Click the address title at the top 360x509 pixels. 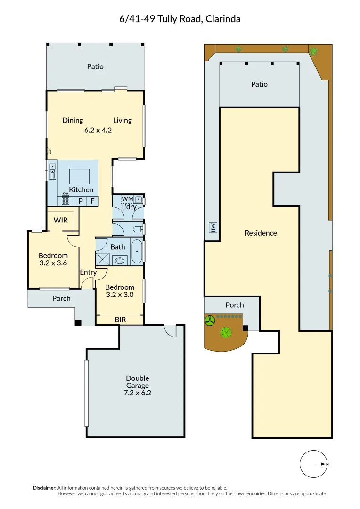(x=180, y=19)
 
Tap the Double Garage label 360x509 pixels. (x=138, y=382)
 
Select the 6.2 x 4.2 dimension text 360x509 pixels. (x=98, y=131)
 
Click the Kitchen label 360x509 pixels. (x=82, y=189)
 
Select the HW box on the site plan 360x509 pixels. (x=213, y=228)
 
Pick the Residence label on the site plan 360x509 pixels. (x=261, y=233)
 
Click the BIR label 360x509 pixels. (x=120, y=320)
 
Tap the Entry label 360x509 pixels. (x=88, y=272)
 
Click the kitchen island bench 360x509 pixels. (x=80, y=176)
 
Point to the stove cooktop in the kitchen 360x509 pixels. (x=65, y=201)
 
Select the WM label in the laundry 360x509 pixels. (x=127, y=199)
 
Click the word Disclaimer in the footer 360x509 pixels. (x=44, y=488)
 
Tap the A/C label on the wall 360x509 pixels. (x=49, y=151)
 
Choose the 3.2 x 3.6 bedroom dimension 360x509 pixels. (x=53, y=263)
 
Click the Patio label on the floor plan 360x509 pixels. (x=95, y=66)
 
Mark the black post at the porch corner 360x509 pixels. (x=78, y=323)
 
